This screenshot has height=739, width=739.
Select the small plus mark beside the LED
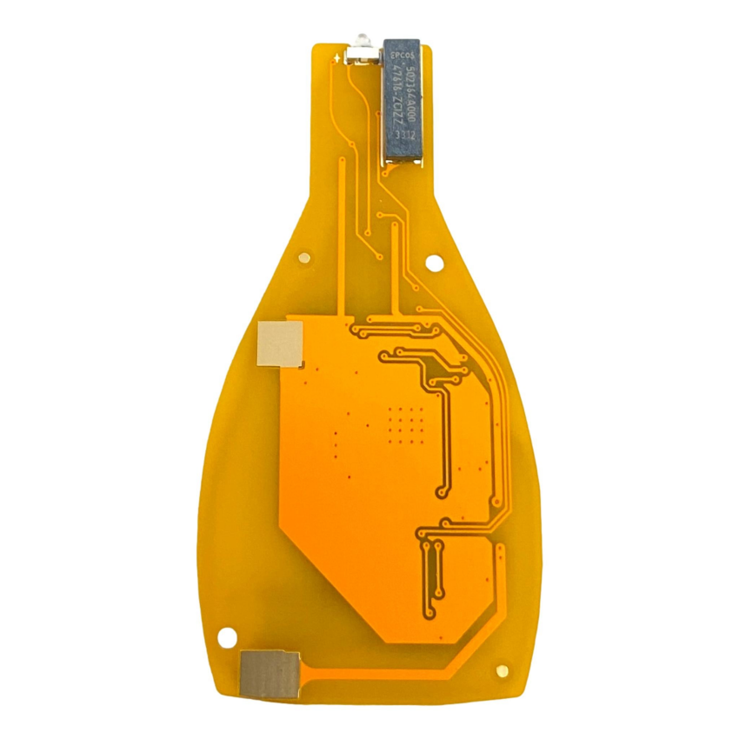click(x=336, y=57)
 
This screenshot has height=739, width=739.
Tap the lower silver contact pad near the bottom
click(x=270, y=674)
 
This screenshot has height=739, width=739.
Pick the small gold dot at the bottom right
click(x=502, y=670)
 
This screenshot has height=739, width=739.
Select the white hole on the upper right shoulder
click(x=435, y=257)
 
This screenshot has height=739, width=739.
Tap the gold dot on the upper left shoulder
click(x=304, y=256)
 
